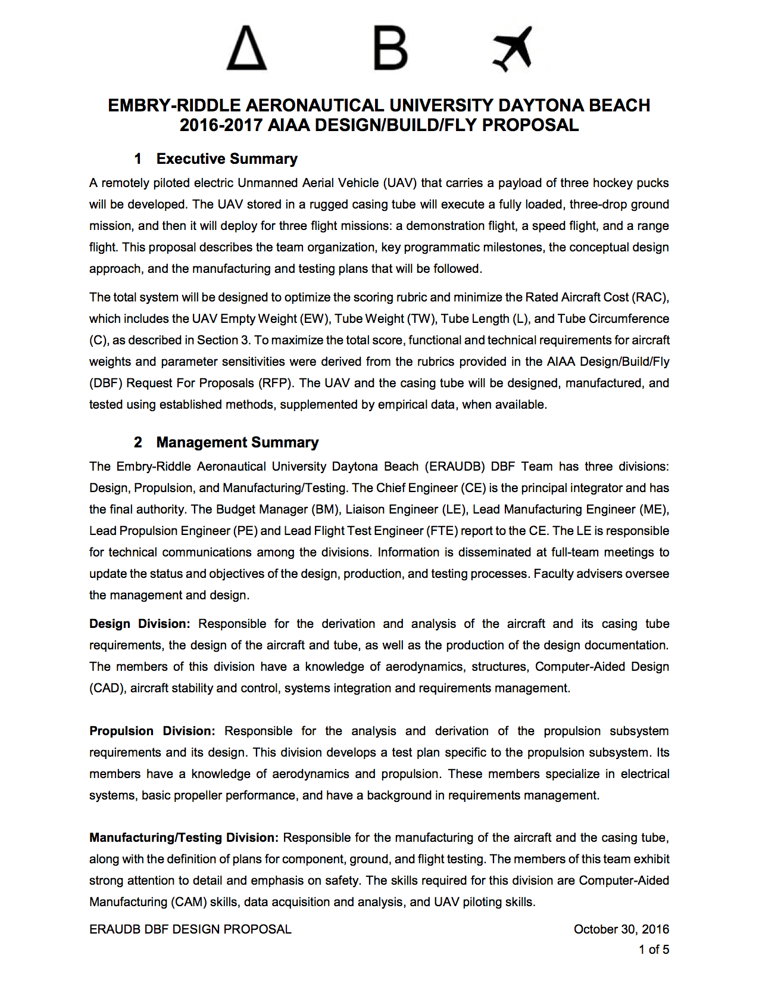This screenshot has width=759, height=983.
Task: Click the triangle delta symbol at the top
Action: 246,48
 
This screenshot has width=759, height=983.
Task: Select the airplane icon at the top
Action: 513,48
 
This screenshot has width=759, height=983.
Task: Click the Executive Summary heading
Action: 227,158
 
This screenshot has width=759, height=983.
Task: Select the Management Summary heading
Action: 237,442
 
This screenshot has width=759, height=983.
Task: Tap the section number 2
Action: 138,442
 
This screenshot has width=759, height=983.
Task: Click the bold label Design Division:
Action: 139,624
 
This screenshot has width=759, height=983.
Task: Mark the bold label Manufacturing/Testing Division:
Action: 183,838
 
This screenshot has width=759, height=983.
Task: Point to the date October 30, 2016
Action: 621,929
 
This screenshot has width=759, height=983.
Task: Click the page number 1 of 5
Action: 654,950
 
